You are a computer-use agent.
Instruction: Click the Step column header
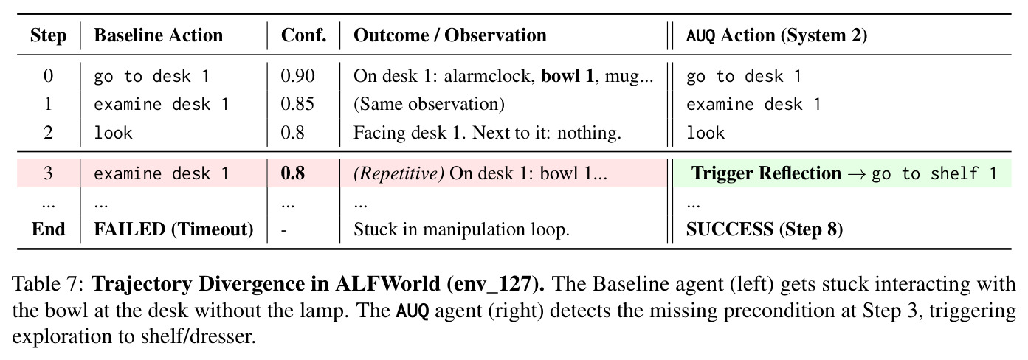click(x=48, y=35)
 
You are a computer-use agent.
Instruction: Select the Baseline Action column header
click(x=159, y=35)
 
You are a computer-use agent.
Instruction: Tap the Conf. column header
click(x=304, y=35)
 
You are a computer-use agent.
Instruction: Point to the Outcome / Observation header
click(x=449, y=35)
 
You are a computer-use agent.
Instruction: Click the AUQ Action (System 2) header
click(x=776, y=35)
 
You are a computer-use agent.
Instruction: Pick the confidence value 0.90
click(x=297, y=76)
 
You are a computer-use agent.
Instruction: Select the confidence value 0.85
click(x=297, y=104)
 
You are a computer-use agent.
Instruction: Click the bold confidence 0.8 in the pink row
click(x=293, y=173)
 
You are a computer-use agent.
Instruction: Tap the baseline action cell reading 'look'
click(x=113, y=133)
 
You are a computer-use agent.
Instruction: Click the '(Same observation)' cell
click(x=429, y=104)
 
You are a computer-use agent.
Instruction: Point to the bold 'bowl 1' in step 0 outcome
click(x=568, y=76)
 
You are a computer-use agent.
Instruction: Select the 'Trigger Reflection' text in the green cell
click(x=766, y=173)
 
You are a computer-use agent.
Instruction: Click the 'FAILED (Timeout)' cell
click(x=173, y=229)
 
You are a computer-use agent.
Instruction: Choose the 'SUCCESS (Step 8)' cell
click(x=764, y=229)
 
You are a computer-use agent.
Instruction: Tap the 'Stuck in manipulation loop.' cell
click(x=461, y=229)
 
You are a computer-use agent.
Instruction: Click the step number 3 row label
click(x=48, y=173)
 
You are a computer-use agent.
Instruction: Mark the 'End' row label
click(x=48, y=229)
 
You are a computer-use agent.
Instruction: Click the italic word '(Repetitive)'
click(x=399, y=173)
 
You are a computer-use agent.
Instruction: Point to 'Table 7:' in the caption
click(x=48, y=284)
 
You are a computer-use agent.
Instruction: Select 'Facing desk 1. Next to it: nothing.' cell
click(x=487, y=133)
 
